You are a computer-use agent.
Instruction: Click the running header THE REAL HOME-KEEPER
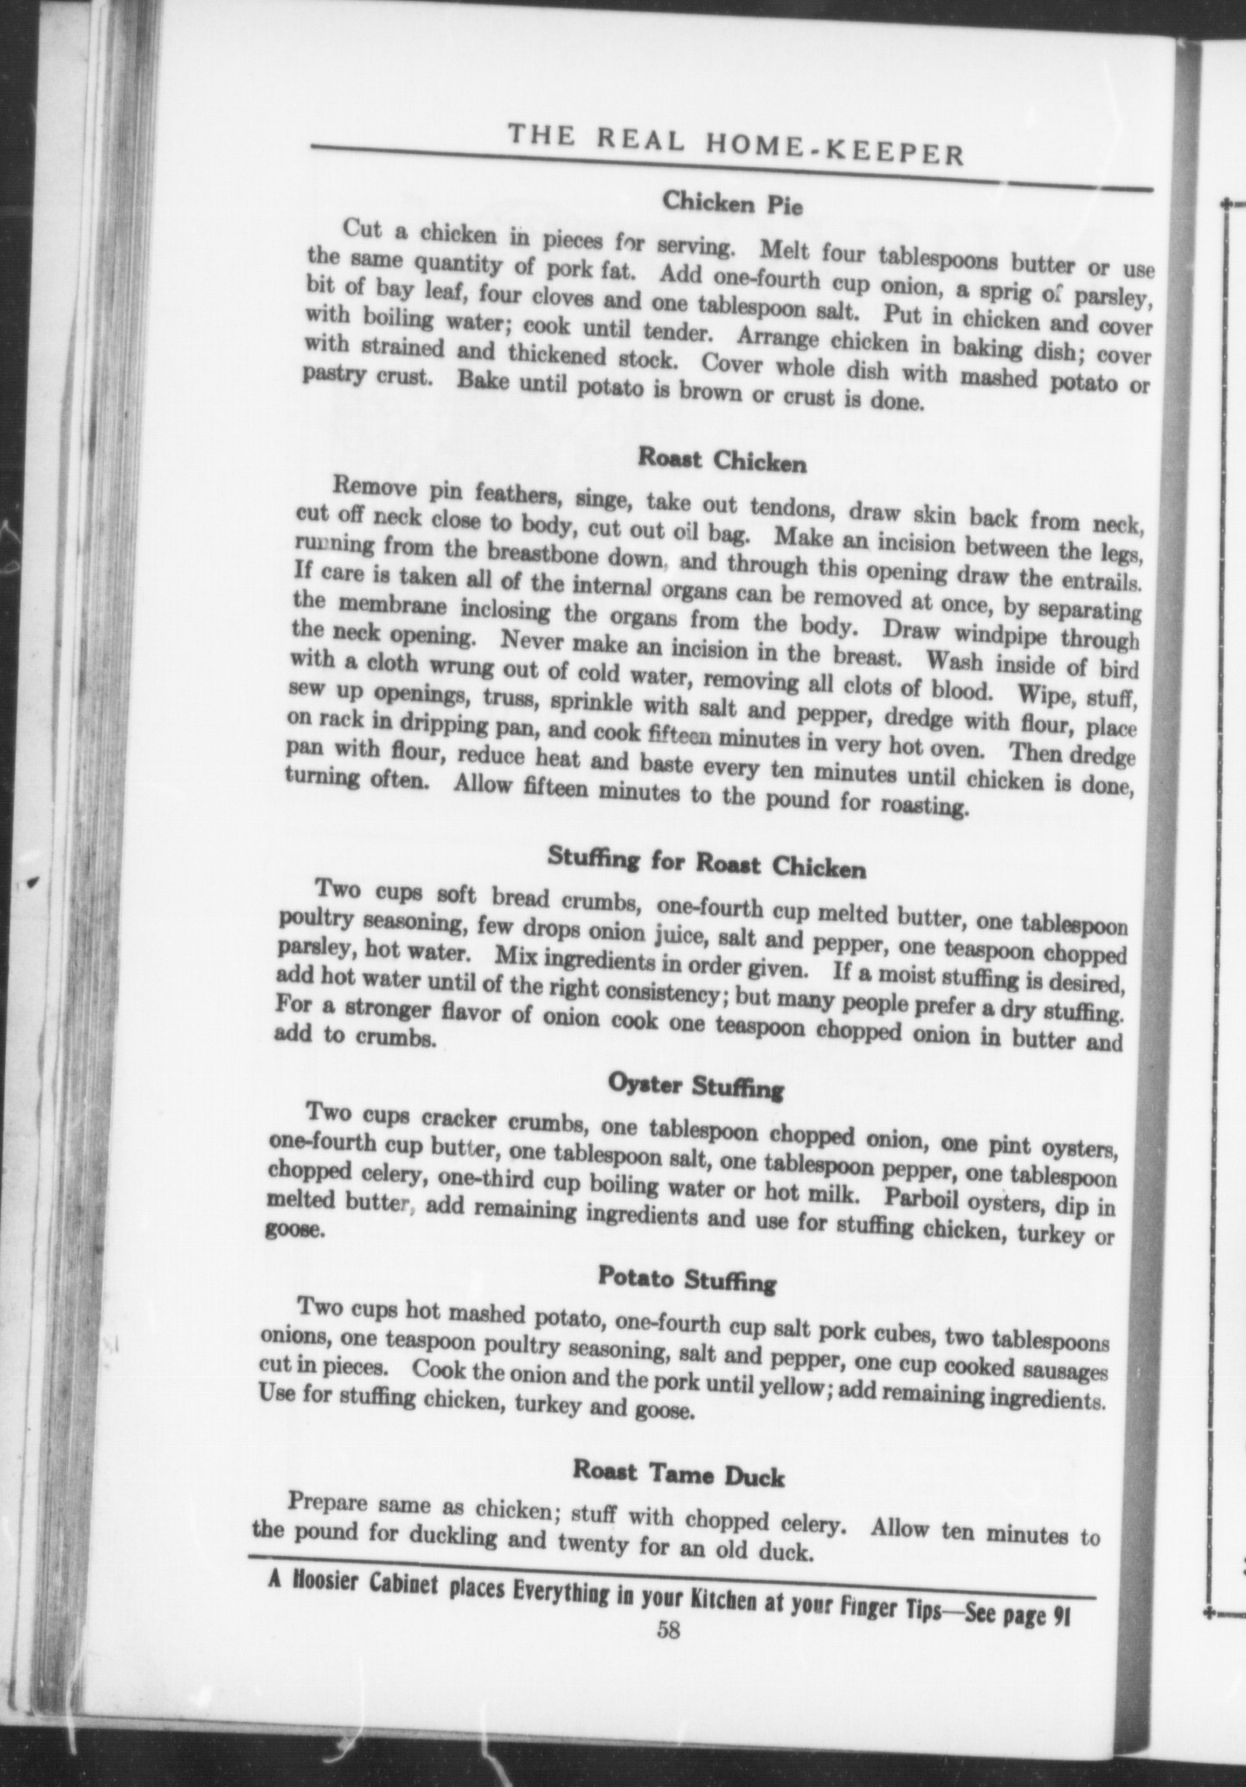[x=735, y=142]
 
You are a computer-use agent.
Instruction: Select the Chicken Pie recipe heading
[x=733, y=203]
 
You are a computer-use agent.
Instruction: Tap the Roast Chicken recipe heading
[x=722, y=460]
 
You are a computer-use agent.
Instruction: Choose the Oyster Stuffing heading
[x=696, y=1086]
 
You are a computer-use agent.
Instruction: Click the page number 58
[x=668, y=1630]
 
